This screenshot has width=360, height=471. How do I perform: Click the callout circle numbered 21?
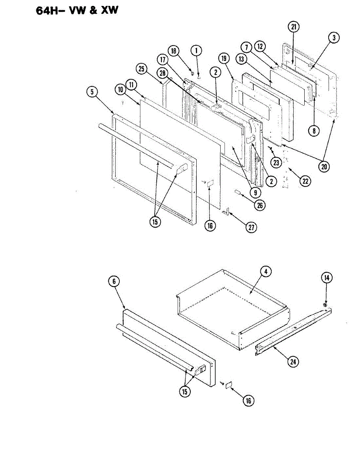294,27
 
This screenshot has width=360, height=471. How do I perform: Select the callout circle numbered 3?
334,38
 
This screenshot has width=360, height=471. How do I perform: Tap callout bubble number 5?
91,92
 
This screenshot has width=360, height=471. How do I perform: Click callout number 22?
304,181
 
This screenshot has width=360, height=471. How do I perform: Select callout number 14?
327,278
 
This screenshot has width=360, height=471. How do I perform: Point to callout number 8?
313,131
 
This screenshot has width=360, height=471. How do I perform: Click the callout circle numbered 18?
173,51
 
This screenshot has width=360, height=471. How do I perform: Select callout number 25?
142,69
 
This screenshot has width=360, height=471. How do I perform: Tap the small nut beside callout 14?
325,305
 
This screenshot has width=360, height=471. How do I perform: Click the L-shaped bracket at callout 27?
226,212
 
